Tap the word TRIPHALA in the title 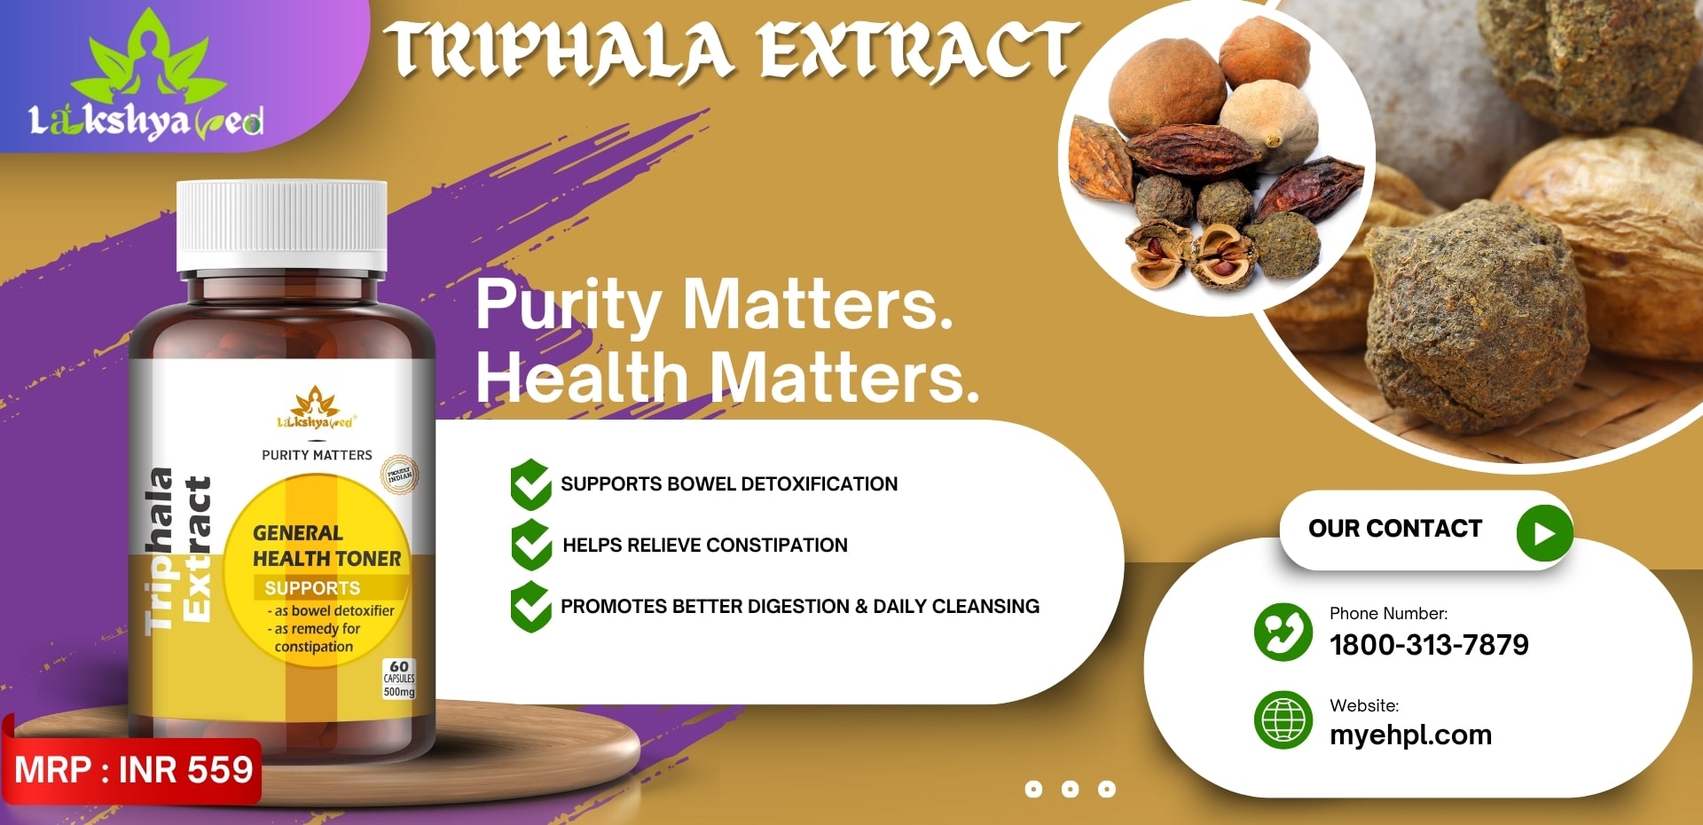point(560,51)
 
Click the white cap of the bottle point(281,225)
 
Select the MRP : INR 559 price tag point(133,770)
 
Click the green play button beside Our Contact point(1544,533)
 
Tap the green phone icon point(1283,632)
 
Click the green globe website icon point(1283,719)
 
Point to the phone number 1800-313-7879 point(1429,645)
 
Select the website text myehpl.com point(1410,735)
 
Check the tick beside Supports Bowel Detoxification point(531,484)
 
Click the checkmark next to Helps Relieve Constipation point(531,545)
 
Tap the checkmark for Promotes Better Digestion point(531,607)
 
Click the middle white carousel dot point(1070,789)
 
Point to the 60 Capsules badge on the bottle point(399,679)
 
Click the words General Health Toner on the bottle point(326,546)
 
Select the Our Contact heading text point(1395,529)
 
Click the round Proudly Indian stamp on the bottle point(399,475)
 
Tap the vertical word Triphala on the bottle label point(160,550)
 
